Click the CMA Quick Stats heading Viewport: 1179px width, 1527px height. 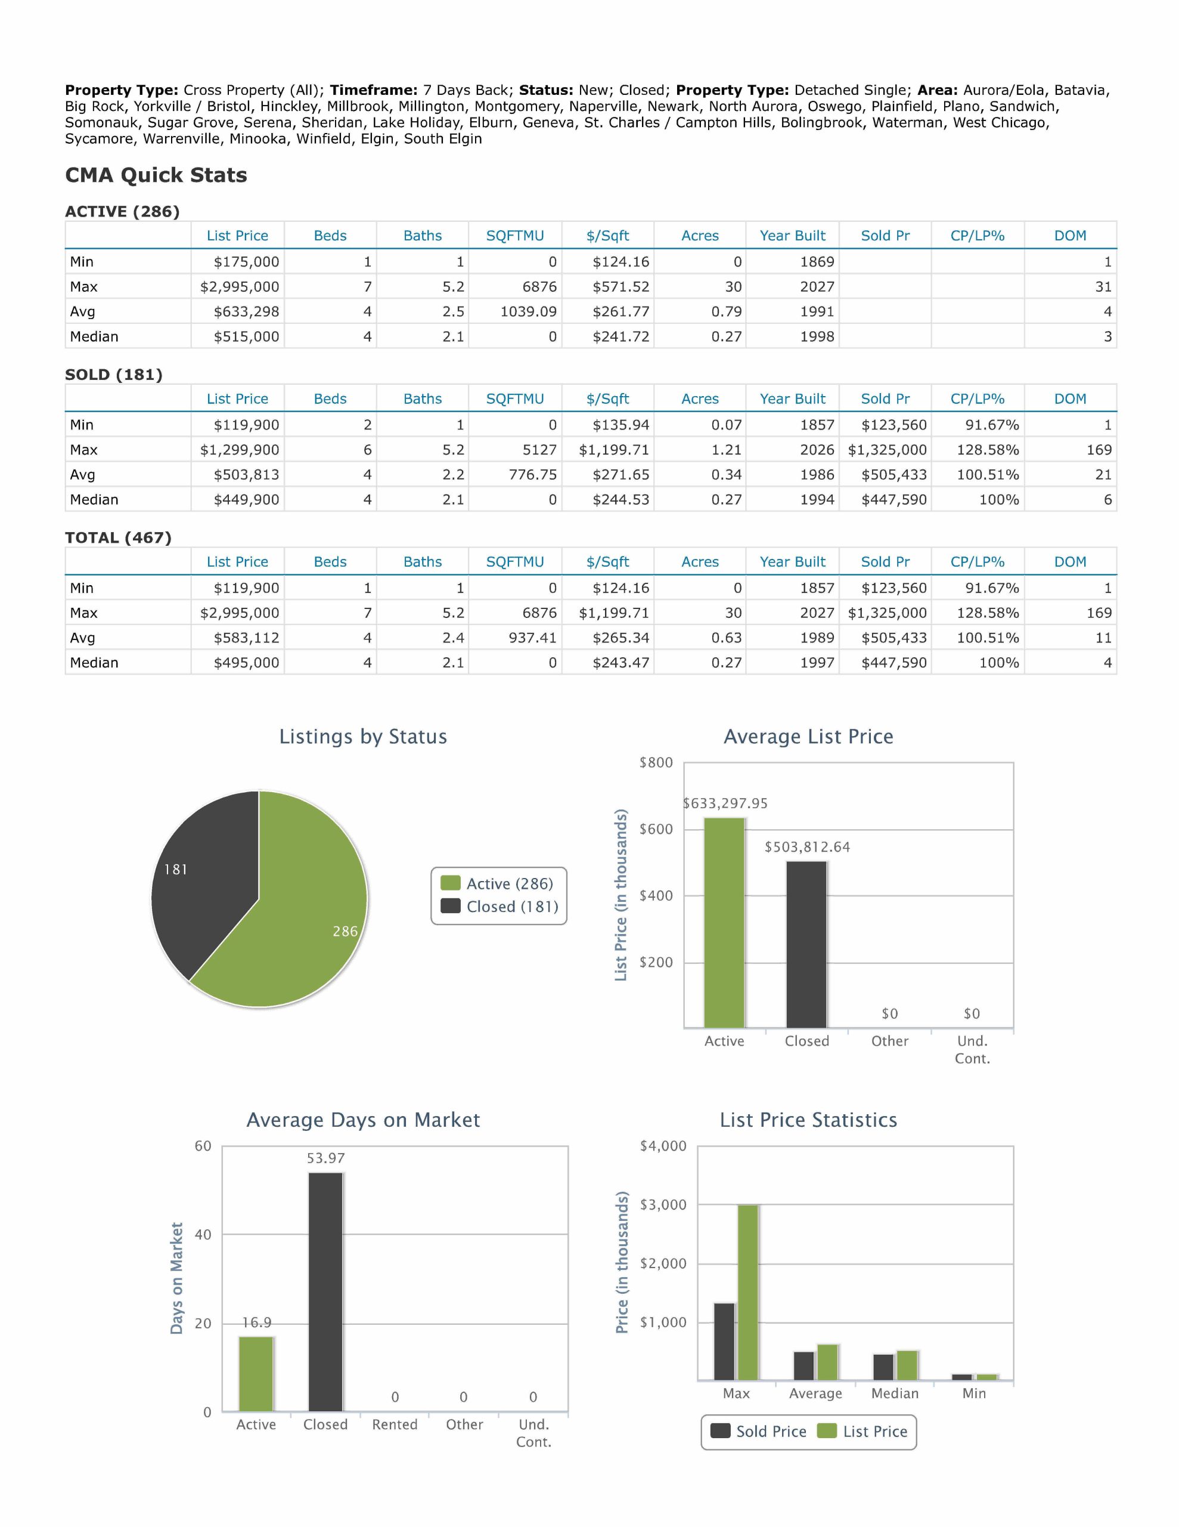pyautogui.click(x=156, y=175)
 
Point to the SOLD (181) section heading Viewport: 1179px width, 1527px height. pyautogui.click(x=114, y=375)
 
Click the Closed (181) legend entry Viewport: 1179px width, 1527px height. pyautogui.click(x=499, y=907)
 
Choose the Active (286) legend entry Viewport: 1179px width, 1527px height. pyautogui.click(x=497, y=884)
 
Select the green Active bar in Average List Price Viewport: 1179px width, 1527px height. pyautogui.click(x=724, y=923)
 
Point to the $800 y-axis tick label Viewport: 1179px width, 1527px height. pyautogui.click(x=656, y=763)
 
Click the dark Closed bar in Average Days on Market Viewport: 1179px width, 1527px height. pyautogui.click(x=325, y=1292)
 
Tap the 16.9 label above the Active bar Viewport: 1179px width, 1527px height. pyautogui.click(x=256, y=1323)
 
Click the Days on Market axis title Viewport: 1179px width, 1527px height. pyautogui.click(x=177, y=1278)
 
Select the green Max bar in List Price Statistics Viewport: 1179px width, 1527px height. pyautogui.click(x=748, y=1292)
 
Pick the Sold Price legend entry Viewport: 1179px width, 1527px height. pyautogui.click(x=758, y=1431)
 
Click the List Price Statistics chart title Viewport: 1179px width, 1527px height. pyautogui.click(x=809, y=1120)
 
